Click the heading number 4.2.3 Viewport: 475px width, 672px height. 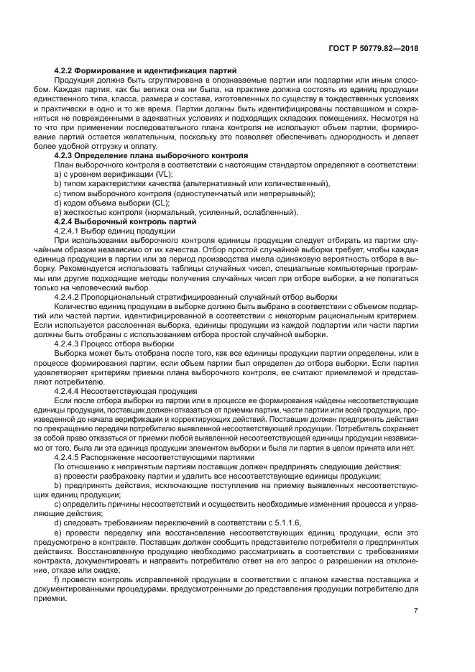[66, 155]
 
